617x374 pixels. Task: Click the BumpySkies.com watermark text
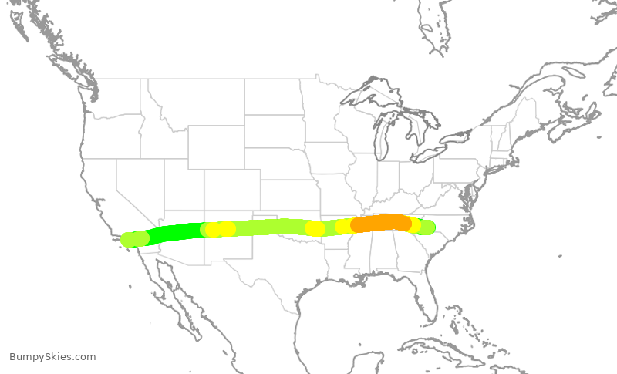point(52,356)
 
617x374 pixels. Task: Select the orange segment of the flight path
point(379,224)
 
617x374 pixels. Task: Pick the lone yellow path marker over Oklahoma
point(315,228)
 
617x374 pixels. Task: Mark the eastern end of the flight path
point(427,227)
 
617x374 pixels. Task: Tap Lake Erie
point(432,155)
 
